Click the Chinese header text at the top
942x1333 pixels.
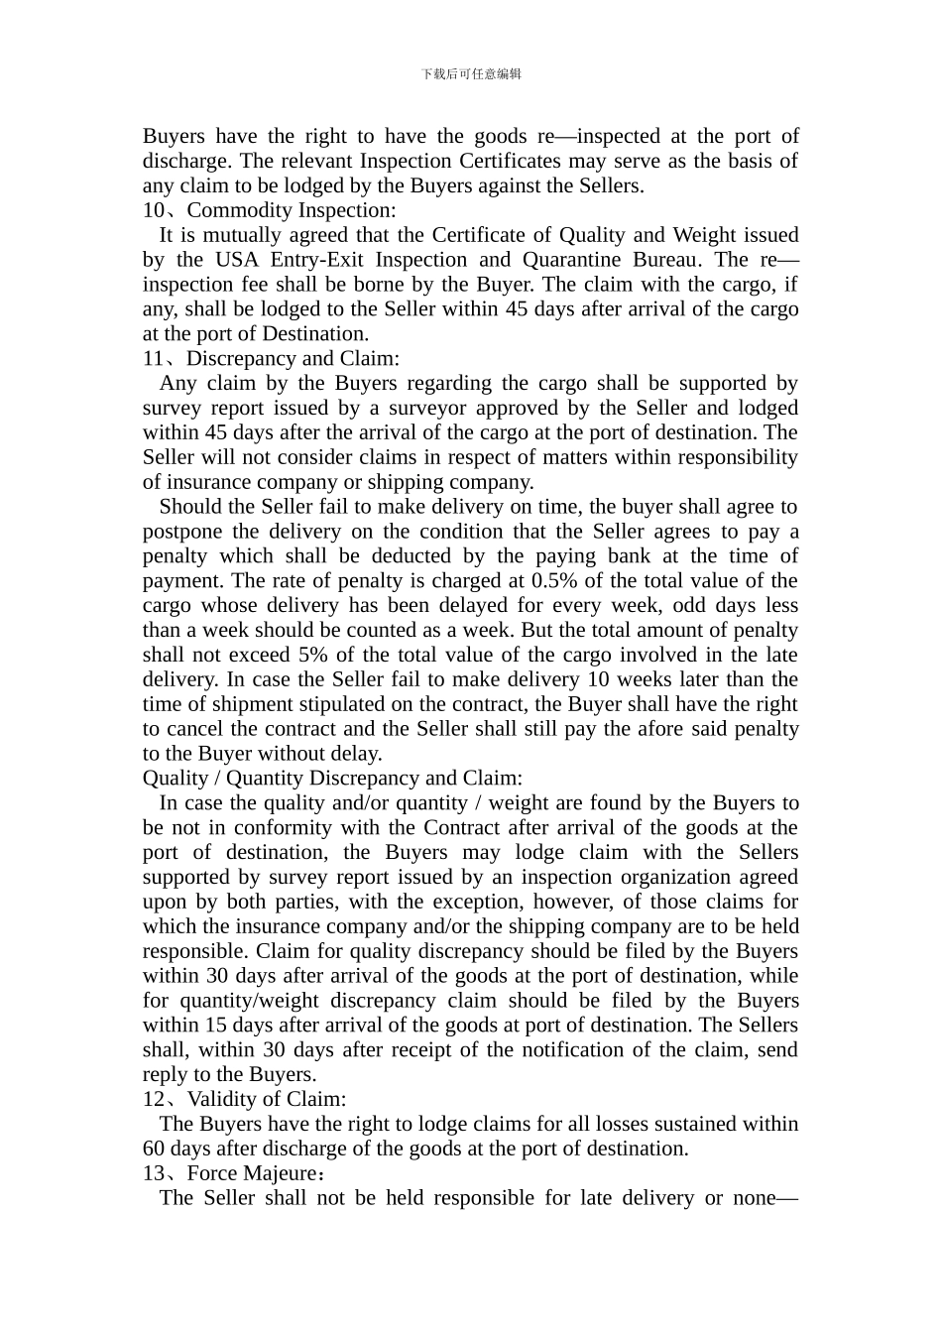tap(471, 73)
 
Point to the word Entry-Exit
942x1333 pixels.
tap(320, 260)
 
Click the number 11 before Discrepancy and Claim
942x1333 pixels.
tap(154, 359)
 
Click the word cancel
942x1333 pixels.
tap(196, 729)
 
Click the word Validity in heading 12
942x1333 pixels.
tap(220, 1099)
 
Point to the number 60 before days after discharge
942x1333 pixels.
tap(154, 1149)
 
